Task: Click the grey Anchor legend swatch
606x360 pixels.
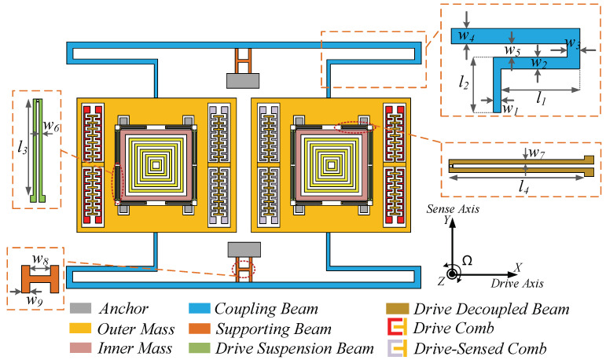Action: (81, 309)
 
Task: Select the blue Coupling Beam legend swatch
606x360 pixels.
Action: (198, 309)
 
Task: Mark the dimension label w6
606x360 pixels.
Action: (52, 126)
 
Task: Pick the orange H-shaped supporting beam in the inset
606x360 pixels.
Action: (35, 278)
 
